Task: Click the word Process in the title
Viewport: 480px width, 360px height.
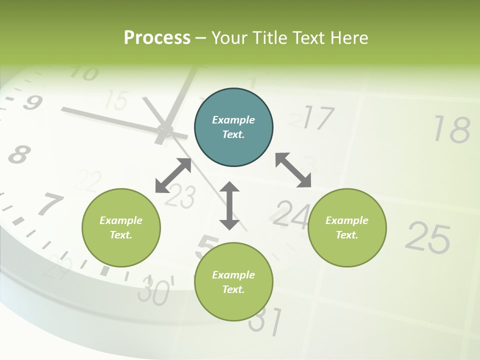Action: pos(157,38)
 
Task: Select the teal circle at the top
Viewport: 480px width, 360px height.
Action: pos(233,127)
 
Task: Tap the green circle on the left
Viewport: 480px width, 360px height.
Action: pos(121,227)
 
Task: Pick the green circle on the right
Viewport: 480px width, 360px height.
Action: pos(347,227)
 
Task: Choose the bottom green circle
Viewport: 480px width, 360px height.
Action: pos(233,281)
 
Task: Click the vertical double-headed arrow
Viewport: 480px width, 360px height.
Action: pos(229,205)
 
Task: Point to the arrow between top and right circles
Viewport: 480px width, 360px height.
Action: pos(293,170)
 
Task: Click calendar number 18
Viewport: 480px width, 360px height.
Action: pos(451,129)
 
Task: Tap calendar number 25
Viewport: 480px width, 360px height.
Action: pos(427,237)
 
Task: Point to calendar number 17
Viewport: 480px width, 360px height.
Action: pos(317,118)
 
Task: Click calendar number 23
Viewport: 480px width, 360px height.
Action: pos(179,196)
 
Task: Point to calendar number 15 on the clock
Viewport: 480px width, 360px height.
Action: pos(116,100)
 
